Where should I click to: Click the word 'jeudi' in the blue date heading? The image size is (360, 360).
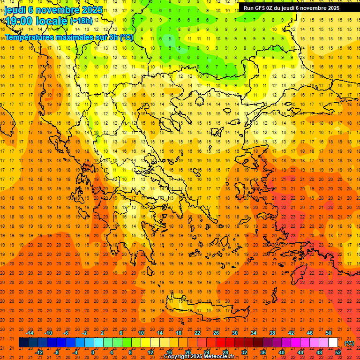pos(15,10)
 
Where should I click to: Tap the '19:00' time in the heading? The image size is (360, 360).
pos(18,21)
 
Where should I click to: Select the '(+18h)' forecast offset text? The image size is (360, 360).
pos(81,21)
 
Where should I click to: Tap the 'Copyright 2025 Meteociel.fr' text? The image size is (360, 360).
pos(199,357)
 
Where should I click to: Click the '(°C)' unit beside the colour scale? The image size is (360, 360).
pos(349,343)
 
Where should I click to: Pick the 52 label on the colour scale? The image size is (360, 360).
pos(338,352)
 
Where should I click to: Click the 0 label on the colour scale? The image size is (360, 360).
pos(93,352)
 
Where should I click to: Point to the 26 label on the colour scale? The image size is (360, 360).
pos(216,333)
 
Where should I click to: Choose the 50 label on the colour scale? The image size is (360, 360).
pos(328,333)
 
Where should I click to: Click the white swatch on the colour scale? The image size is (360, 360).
pos(333,343)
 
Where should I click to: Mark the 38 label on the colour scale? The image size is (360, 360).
pos(272,333)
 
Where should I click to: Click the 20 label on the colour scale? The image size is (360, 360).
pos(187,352)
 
